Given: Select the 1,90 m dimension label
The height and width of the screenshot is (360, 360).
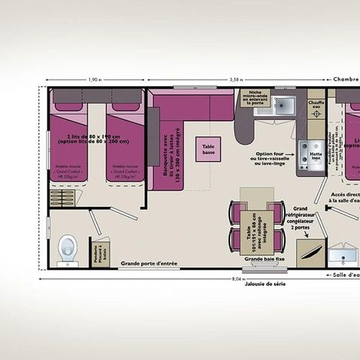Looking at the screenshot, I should coord(95,79).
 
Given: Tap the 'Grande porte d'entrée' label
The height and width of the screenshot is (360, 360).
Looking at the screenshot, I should coord(149,263).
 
